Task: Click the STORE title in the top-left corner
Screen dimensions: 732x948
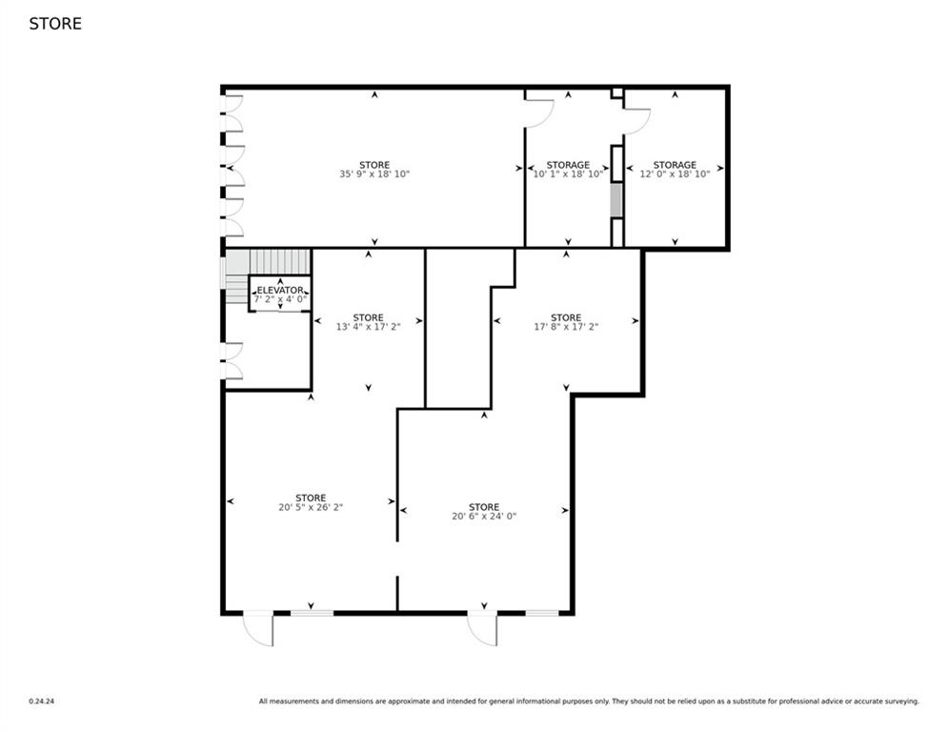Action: (x=55, y=24)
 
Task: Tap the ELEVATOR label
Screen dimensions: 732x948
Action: (x=280, y=290)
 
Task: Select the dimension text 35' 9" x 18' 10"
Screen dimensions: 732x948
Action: (x=374, y=174)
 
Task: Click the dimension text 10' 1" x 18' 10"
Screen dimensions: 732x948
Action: (x=568, y=174)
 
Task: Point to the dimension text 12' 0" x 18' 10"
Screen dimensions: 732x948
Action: (x=675, y=174)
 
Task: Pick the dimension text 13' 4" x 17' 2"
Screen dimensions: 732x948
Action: (x=368, y=327)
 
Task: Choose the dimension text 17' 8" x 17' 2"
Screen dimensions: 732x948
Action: (x=566, y=327)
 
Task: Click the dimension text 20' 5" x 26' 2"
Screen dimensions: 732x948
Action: (x=311, y=508)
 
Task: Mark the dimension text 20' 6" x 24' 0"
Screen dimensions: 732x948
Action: (x=484, y=517)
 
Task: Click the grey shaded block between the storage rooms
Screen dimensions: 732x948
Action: (x=616, y=200)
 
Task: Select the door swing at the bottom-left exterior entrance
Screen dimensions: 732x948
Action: (x=258, y=629)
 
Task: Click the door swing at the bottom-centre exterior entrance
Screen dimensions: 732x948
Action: (x=482, y=629)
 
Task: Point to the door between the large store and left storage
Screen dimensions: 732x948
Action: (x=539, y=112)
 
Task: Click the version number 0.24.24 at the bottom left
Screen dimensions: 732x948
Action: (x=40, y=701)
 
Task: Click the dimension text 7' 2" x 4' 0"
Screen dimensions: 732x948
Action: (x=280, y=299)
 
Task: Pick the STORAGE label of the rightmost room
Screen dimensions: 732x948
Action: (x=675, y=165)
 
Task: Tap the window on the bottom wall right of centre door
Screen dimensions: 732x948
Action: (x=542, y=613)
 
